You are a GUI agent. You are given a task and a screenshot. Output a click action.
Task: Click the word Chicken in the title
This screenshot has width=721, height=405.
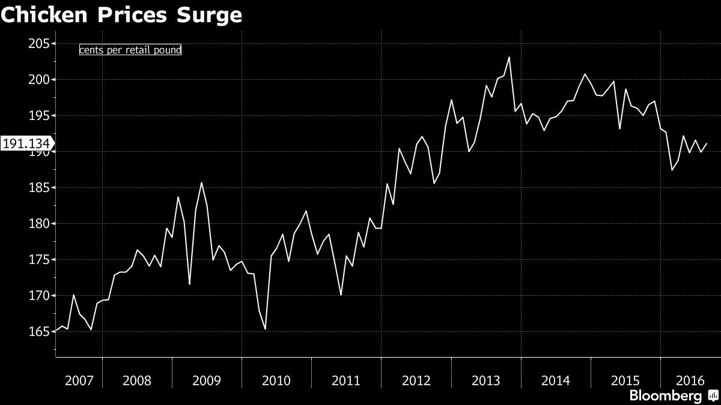(44, 15)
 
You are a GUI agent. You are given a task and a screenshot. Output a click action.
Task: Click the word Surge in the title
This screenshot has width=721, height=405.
(209, 16)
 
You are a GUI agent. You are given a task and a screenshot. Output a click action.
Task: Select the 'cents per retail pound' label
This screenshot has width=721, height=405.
(130, 50)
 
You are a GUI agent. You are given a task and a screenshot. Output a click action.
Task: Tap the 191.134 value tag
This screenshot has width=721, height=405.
(26, 143)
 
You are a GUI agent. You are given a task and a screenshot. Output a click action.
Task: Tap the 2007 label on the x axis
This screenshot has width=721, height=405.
(79, 380)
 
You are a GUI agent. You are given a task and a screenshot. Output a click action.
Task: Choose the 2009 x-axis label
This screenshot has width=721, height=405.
(207, 380)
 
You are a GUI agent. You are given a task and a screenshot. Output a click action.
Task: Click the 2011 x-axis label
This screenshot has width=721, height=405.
(346, 380)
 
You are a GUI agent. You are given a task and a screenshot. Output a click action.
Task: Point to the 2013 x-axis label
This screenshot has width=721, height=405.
(485, 380)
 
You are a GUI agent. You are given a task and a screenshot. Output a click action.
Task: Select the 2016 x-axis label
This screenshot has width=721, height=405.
(690, 380)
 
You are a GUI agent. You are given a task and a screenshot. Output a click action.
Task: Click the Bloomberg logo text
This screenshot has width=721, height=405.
(665, 396)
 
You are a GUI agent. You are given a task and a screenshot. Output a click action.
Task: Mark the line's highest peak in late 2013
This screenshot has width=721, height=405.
(509, 58)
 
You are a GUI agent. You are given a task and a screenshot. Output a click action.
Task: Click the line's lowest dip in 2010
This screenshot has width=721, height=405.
(265, 329)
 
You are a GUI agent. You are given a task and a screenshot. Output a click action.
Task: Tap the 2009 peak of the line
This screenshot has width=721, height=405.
(201, 183)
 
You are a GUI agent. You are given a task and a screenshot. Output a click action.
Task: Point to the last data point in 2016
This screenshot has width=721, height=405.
(707, 143)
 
